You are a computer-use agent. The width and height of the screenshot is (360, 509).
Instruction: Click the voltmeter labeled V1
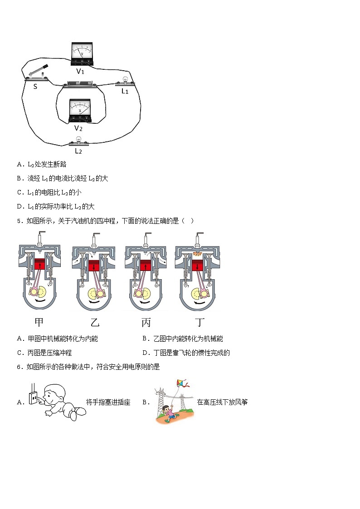click(x=82, y=53)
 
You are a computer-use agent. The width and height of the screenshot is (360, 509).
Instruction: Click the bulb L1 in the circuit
click(x=125, y=82)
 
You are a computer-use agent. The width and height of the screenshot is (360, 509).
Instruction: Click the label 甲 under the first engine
click(x=39, y=323)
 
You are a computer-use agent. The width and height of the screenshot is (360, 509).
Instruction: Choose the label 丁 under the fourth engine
click(x=199, y=323)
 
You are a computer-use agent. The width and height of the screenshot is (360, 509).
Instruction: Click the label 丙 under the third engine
click(x=146, y=323)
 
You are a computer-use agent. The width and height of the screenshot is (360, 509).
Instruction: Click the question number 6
click(x=19, y=367)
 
